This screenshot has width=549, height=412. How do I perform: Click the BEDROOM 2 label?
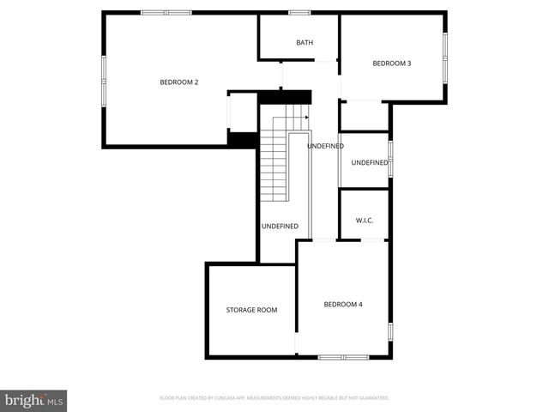179,82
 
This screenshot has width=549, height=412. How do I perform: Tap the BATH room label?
305,43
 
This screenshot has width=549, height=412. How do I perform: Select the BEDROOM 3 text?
391,64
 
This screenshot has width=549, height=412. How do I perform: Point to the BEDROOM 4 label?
342,304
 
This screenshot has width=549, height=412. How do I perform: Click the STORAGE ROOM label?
251,310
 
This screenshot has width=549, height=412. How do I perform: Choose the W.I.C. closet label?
365,221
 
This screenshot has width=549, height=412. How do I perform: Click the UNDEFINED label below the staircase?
280,227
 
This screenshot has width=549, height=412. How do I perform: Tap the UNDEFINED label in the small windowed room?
369,163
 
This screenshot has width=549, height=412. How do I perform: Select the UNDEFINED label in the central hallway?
325,146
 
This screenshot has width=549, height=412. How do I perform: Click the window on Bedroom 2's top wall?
166,12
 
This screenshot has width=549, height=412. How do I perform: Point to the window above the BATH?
299,12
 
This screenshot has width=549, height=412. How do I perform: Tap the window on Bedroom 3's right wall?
444,57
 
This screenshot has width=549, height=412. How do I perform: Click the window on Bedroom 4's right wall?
389,330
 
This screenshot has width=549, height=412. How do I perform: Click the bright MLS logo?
34,400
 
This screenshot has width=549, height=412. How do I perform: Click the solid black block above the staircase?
270,99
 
